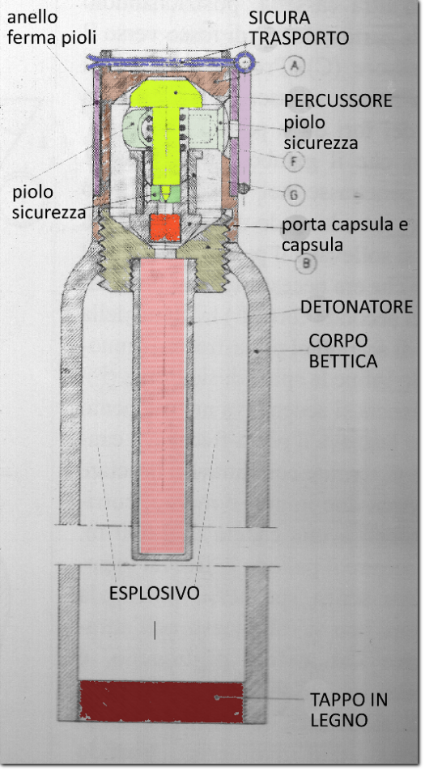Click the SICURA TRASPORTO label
coord(299,28)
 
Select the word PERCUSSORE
coord(338,100)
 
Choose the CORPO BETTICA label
coord(343,351)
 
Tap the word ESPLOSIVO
coord(155,593)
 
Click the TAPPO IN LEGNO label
coord(348,709)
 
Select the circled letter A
coord(295,65)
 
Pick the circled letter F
coord(294,161)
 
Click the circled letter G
coord(294,194)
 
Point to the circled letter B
coord(306,263)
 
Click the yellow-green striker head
coord(166,93)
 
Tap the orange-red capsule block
coord(165,227)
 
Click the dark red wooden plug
coord(161,701)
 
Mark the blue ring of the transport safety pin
coord(245,61)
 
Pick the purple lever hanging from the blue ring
coord(244,131)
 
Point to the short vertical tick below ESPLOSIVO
coord(155,630)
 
